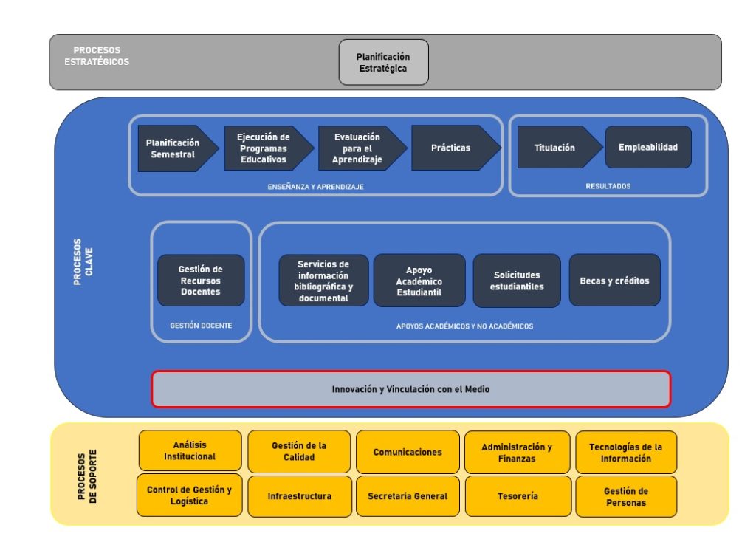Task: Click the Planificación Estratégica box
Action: [x=383, y=62]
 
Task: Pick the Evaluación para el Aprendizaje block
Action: [x=362, y=148]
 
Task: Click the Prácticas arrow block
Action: [x=456, y=148]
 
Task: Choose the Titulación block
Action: [x=560, y=147]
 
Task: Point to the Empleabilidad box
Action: [x=648, y=147]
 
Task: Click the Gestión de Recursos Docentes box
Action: [x=201, y=280]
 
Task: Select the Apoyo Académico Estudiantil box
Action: [x=419, y=281]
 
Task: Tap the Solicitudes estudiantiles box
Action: [x=517, y=281]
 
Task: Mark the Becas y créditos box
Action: [x=615, y=280]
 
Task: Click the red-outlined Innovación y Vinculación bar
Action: [x=410, y=389]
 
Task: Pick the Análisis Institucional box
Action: [x=190, y=450]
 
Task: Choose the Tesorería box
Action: [x=518, y=496]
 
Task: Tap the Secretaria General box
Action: [x=408, y=496]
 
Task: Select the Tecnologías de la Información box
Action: [x=626, y=453]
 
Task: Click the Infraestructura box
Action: [x=300, y=496]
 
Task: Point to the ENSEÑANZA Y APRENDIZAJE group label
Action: [x=316, y=187]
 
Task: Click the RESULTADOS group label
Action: [x=608, y=186]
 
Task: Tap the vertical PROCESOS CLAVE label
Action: [x=83, y=262]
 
